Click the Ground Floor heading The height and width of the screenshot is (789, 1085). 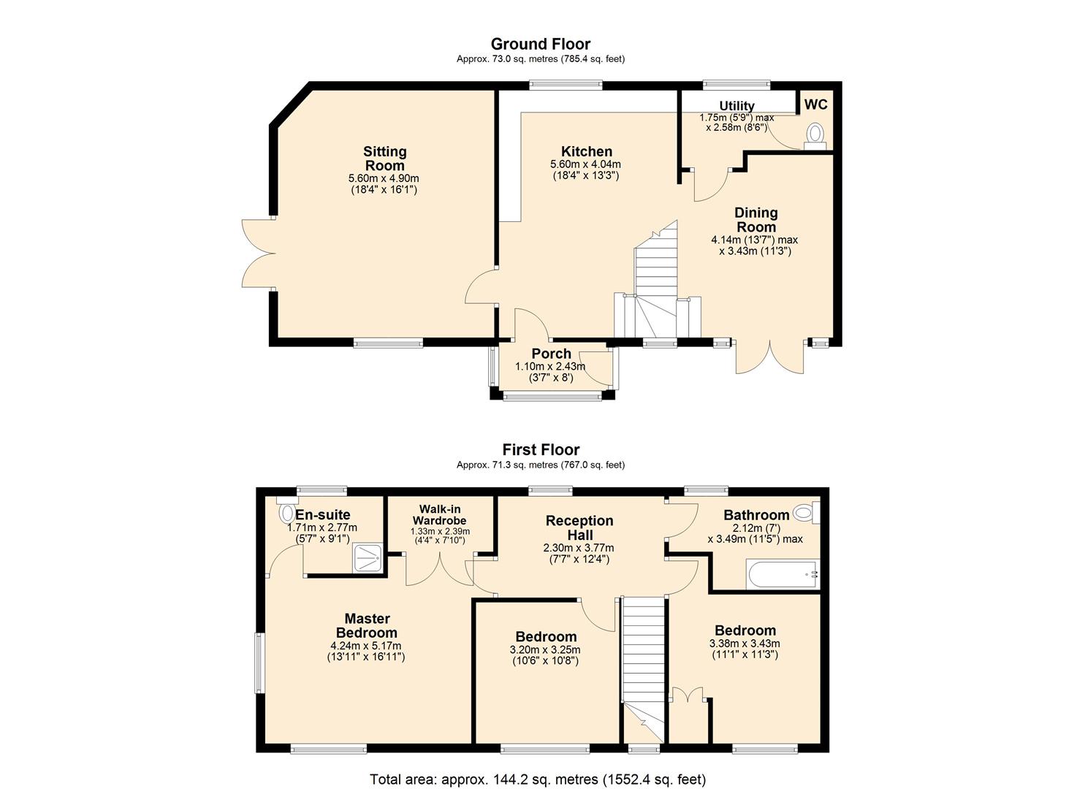tap(540, 44)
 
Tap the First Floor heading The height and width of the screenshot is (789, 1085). tap(541, 449)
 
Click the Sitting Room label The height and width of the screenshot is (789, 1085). tap(384, 159)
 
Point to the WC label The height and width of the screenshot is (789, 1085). tap(815, 104)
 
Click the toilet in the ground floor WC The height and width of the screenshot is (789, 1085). tap(814, 135)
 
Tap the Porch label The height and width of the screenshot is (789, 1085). tap(551, 354)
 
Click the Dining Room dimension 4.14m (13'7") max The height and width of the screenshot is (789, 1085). tap(754, 240)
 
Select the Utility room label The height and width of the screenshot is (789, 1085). tap(736, 106)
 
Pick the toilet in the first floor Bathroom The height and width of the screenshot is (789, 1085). tap(805, 512)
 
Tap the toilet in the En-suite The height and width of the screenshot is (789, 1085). tap(286, 512)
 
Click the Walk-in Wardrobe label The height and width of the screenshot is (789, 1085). tap(439, 514)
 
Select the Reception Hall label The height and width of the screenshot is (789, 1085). tap(579, 527)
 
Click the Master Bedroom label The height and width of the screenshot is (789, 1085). tap(366, 625)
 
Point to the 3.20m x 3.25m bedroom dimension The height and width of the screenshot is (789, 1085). tap(546, 649)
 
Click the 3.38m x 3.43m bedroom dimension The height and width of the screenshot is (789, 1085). tap(745, 644)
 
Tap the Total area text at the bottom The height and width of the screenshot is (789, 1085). tap(538, 780)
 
